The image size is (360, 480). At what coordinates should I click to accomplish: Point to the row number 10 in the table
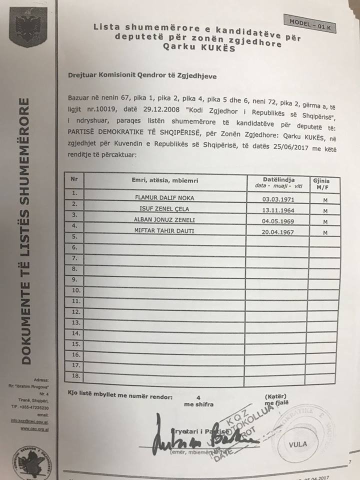76,290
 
